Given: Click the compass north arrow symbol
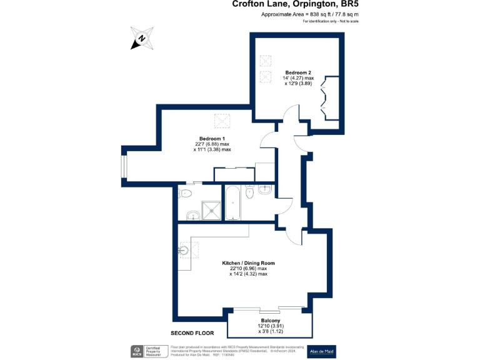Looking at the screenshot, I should (x=142, y=37).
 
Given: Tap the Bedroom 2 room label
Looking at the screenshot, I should (x=298, y=72).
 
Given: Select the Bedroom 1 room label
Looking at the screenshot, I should (x=212, y=138).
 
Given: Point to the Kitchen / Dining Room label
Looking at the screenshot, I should (x=248, y=263).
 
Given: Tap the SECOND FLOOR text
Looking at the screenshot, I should (x=192, y=333).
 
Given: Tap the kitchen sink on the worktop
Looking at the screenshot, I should (x=183, y=251).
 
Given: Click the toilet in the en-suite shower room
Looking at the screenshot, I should (x=183, y=193).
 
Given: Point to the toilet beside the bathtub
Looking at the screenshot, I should (x=249, y=193).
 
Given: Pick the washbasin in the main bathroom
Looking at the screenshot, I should (x=265, y=189).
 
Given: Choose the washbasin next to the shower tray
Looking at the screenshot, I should (x=191, y=216).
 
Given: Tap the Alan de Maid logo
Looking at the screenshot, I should (x=321, y=352).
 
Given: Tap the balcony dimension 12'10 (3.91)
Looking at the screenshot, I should (x=270, y=326).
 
